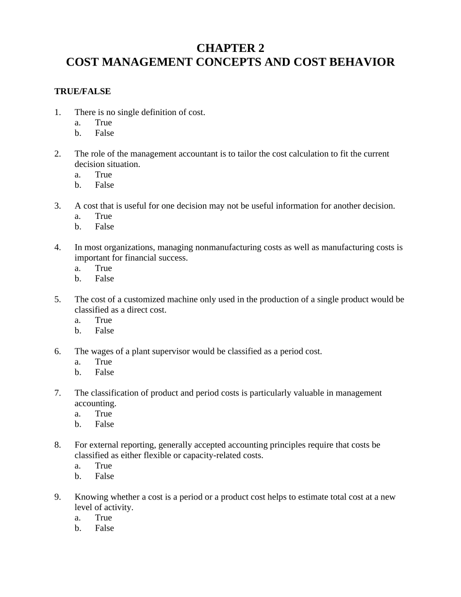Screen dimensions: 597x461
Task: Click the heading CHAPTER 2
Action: pos(230,48)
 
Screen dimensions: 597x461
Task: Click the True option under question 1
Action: pos(103,123)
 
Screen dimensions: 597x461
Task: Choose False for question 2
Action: pos(104,185)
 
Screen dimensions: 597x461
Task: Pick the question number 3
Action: pos(58,206)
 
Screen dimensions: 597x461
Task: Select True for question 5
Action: pos(103,320)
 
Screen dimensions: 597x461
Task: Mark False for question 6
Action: pos(104,372)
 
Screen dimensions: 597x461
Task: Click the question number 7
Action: pos(58,393)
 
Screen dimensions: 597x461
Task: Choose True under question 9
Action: pos(103,518)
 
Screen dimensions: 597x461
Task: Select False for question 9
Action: pos(104,528)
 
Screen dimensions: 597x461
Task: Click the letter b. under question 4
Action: pos(78,279)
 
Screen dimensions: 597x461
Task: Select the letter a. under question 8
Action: pos(78,466)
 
